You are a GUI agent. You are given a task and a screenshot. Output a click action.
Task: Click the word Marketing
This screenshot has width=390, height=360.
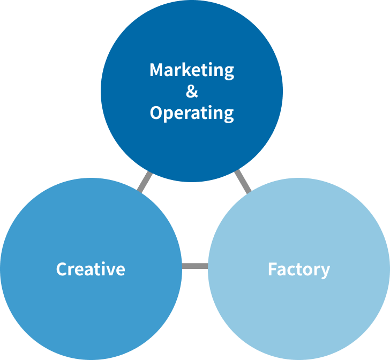tap(192, 70)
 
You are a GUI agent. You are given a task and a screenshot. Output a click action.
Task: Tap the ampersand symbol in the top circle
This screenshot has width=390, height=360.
tap(192, 92)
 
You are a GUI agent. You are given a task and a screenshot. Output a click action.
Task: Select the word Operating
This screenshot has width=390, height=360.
tap(192, 113)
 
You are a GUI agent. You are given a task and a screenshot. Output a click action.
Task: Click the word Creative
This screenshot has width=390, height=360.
tap(91, 269)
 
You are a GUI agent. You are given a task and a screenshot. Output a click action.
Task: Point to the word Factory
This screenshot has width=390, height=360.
tap(298, 269)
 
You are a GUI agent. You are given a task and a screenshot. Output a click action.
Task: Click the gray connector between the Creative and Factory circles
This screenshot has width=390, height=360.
tap(194, 266)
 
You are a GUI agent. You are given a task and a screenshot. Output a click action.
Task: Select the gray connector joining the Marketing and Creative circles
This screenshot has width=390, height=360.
tap(145, 182)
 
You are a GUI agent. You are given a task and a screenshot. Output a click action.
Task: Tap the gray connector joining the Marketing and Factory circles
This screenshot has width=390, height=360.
tap(243, 181)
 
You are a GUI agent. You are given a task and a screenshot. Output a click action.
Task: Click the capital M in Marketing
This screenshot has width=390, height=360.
tap(156, 70)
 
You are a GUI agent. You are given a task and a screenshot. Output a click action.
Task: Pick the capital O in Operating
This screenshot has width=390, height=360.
tap(156, 112)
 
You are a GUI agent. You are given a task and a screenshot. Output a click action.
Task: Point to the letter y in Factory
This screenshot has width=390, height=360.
tap(325, 271)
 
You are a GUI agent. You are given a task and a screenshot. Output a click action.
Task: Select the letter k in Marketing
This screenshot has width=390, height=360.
tap(189, 70)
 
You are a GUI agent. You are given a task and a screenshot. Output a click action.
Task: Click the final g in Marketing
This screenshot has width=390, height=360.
tap(229, 72)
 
